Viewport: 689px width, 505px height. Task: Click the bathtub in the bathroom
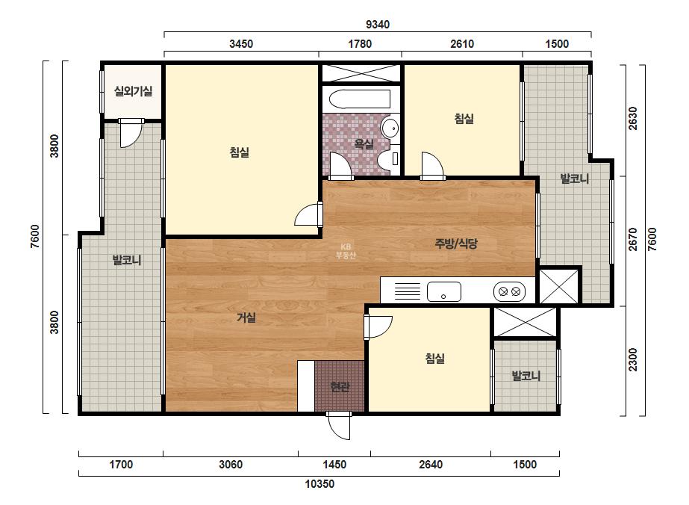[360, 99]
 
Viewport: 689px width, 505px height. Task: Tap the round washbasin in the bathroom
[390, 128]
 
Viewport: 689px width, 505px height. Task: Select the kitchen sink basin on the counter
[444, 291]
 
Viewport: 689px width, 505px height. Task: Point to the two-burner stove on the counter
[509, 291]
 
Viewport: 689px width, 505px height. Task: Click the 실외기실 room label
[133, 91]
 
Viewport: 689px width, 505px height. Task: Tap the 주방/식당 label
[455, 244]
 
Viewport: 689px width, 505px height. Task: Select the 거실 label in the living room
[246, 317]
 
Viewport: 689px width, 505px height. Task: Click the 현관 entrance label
[340, 387]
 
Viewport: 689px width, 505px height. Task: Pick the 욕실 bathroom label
[364, 143]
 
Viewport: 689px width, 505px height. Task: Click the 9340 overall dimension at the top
[378, 25]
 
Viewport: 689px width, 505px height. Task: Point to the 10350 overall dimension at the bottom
[319, 484]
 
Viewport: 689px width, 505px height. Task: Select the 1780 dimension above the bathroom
[360, 44]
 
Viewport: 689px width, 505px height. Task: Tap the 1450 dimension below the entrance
[334, 465]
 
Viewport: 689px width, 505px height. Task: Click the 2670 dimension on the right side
[633, 239]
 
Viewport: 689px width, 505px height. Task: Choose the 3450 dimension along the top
[241, 44]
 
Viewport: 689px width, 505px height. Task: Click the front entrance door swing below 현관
[339, 426]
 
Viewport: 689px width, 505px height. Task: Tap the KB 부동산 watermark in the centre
[346, 251]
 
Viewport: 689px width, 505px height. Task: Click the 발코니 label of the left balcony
[127, 260]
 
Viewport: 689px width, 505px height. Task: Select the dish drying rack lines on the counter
[408, 291]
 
